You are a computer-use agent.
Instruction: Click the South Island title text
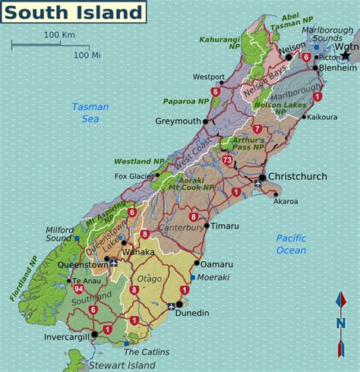coord(76,13)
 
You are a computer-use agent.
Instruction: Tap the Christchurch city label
coord(298,177)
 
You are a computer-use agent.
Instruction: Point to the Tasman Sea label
coord(90,112)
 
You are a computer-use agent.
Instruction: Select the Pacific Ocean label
coord(291,244)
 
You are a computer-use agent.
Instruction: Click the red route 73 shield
coord(227,159)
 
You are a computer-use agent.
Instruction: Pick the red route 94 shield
coord(79,289)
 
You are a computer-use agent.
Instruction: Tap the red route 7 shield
coord(257,129)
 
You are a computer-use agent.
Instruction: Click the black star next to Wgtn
coord(346,55)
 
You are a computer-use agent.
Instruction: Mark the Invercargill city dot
coord(95,334)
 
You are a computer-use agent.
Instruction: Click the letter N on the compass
coord(340,324)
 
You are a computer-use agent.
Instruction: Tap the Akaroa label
coord(286,201)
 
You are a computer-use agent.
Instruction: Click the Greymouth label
coord(178,121)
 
